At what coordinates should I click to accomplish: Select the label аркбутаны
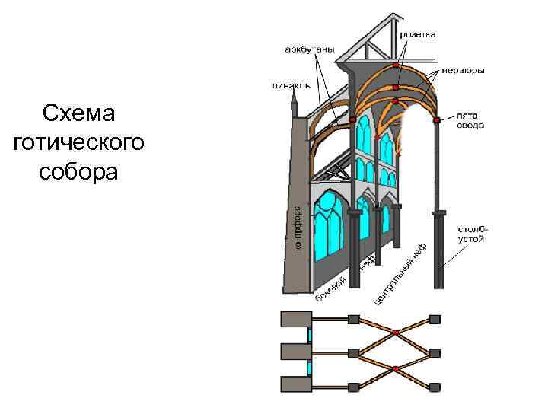click(x=309, y=49)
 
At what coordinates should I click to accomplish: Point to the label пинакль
click(x=291, y=85)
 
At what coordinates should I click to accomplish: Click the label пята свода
click(x=470, y=121)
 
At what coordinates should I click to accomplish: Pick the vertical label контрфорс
click(x=298, y=226)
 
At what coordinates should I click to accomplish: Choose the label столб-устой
click(x=473, y=233)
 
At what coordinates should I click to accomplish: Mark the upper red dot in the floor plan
click(x=396, y=333)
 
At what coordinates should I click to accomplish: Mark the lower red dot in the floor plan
click(x=396, y=369)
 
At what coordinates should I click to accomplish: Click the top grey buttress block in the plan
click(x=295, y=318)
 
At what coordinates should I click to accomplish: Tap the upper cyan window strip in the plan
click(x=310, y=335)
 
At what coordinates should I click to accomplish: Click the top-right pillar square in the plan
click(x=435, y=318)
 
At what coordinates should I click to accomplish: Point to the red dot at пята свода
click(x=436, y=119)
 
